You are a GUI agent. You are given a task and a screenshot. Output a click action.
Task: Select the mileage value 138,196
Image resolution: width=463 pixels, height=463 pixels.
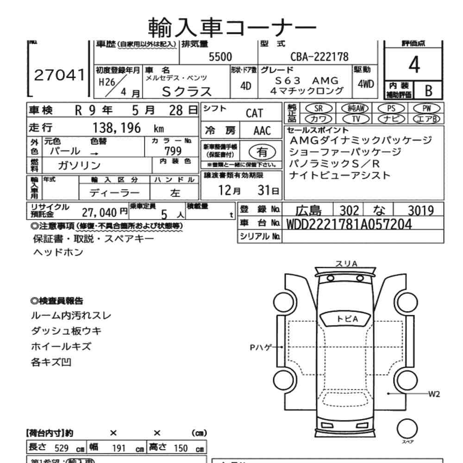pos(117,128)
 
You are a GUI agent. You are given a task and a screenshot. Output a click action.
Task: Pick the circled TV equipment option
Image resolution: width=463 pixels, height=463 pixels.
pos(356,119)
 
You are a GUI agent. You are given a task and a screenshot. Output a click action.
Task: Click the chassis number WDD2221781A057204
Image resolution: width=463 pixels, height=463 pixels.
pos(350,224)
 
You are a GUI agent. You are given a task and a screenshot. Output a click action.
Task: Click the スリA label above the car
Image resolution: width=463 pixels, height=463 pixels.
pos(346,263)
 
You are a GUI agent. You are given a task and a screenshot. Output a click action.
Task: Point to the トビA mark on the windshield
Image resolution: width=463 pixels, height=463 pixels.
pos(347,319)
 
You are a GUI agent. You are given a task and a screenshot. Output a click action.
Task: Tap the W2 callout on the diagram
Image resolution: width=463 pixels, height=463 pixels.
pos(434,394)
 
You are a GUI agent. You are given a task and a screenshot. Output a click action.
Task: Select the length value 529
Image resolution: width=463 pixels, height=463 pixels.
pos(61,449)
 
